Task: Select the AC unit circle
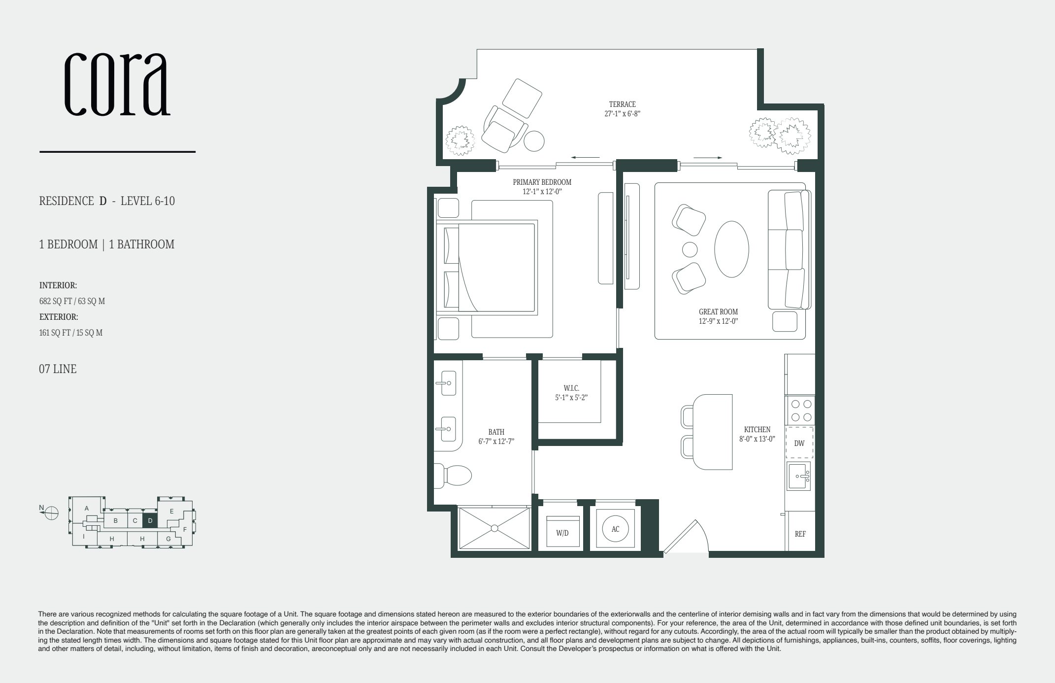(x=615, y=529)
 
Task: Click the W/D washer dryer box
(x=562, y=532)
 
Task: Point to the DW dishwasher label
(x=799, y=443)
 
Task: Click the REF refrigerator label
(x=800, y=534)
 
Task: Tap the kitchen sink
(x=798, y=477)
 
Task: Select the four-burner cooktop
(x=800, y=410)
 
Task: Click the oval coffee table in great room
(x=731, y=249)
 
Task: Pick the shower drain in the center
(x=494, y=528)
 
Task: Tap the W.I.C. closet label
(x=571, y=388)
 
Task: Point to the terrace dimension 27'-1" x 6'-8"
(x=622, y=113)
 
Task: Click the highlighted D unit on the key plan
(x=150, y=520)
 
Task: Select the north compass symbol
(x=51, y=513)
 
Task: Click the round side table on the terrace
(x=534, y=141)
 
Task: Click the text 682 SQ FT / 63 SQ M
(x=72, y=301)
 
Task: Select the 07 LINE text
(x=58, y=369)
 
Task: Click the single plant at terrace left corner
(x=461, y=140)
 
